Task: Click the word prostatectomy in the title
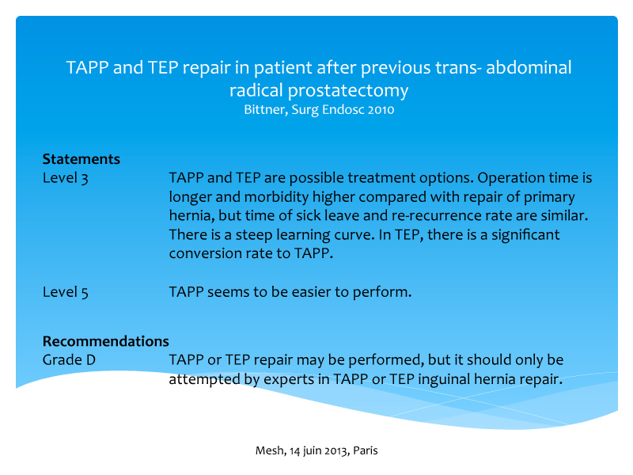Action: coord(348,91)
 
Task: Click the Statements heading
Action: coord(81,159)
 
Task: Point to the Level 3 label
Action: coord(66,178)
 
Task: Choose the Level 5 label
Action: coord(66,292)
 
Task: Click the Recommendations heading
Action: coord(106,341)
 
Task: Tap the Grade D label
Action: coord(69,360)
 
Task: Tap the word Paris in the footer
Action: coord(366,450)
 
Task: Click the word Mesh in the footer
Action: coord(270,450)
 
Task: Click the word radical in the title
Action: coord(256,91)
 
